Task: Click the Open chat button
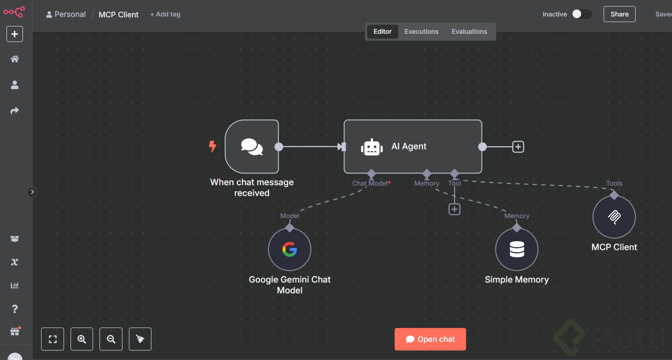430,339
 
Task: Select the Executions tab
421,32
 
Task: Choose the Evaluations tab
469,32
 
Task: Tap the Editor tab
383,32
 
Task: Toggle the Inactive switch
582,14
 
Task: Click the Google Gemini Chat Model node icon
289,249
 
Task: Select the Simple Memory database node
517,249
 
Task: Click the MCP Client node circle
614,216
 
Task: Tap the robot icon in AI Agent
372,147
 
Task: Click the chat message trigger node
252,147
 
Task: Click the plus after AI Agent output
518,147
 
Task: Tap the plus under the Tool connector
454,209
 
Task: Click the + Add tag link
165,14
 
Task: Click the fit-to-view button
53,339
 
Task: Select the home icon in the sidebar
15,59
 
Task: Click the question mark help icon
15,309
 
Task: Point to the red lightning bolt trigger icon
212,146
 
